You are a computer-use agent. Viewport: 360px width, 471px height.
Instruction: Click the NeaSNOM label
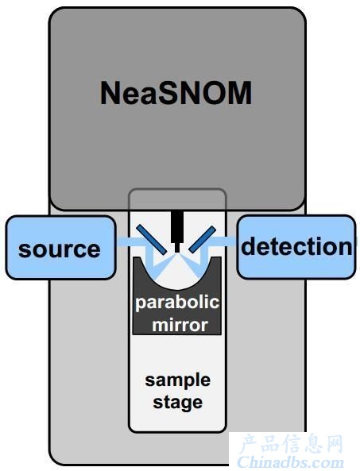coord(176,93)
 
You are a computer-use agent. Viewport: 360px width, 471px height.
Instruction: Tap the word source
coord(60,249)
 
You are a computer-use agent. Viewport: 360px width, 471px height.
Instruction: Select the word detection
coord(296,246)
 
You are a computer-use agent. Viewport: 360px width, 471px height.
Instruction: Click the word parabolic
coord(177,303)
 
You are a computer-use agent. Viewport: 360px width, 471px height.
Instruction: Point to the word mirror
coord(180,325)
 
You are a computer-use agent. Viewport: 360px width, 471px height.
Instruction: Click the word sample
coord(177,381)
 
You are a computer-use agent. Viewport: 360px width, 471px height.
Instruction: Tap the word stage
coord(177,403)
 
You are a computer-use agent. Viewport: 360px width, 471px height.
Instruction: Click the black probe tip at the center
coord(177,231)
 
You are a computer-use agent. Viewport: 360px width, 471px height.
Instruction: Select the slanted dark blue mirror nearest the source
coord(152,240)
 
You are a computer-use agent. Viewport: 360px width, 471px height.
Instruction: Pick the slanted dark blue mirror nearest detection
coord(202,239)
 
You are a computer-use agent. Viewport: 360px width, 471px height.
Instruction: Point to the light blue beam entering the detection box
coord(223,241)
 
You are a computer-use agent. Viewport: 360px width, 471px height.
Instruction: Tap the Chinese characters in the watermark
coord(292,444)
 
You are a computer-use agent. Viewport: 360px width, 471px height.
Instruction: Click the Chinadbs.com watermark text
coord(290,462)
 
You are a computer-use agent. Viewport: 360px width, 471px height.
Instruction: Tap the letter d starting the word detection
coord(248,245)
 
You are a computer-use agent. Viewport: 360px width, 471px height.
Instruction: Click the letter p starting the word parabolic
coord(141,305)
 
